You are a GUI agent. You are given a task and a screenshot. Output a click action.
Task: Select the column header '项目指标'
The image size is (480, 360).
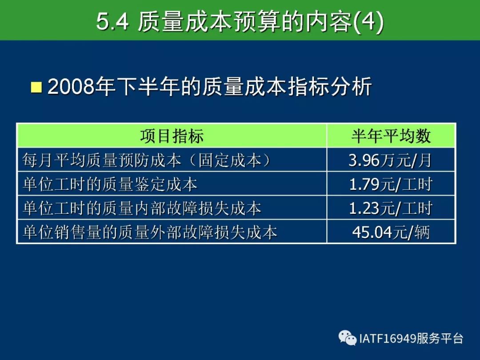pos(172,136)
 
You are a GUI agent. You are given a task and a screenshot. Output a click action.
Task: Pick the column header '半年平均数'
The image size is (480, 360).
pos(391,136)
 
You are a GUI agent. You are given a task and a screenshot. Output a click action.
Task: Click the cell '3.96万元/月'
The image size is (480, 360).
pos(390,160)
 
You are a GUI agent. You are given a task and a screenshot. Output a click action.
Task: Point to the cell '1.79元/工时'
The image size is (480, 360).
pos(391,184)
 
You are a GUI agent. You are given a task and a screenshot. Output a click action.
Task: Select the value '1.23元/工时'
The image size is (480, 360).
pos(391,208)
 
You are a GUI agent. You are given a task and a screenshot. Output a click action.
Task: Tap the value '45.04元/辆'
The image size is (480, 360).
pos(391,232)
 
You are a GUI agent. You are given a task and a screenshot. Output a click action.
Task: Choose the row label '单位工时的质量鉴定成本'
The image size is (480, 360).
pos(110,184)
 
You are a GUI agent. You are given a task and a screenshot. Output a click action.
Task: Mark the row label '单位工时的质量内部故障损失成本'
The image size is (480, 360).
pos(142,208)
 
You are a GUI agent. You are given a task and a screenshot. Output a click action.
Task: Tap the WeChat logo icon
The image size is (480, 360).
pos(348,338)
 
